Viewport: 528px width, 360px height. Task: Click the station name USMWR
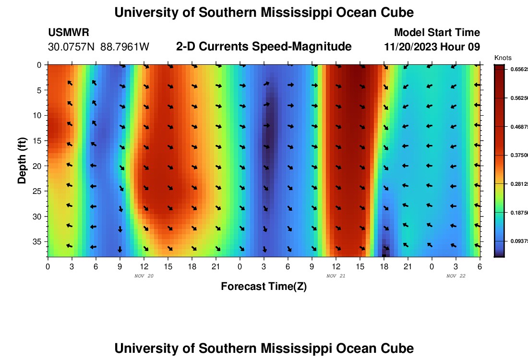[x=69, y=33]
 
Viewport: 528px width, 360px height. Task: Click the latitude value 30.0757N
[x=72, y=47]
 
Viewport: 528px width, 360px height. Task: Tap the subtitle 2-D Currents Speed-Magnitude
[x=264, y=47]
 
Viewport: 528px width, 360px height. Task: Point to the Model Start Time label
[x=436, y=33]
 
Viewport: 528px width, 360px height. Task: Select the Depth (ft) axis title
[x=22, y=158]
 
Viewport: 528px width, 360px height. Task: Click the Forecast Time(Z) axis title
[x=264, y=287]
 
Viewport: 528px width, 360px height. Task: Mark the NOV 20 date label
[x=144, y=276]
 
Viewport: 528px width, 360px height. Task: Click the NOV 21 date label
[x=336, y=276]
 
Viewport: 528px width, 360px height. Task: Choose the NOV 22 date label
[x=456, y=276]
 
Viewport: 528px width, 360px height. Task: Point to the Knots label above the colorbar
[x=503, y=58]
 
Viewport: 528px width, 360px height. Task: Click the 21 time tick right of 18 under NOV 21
[x=408, y=266]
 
